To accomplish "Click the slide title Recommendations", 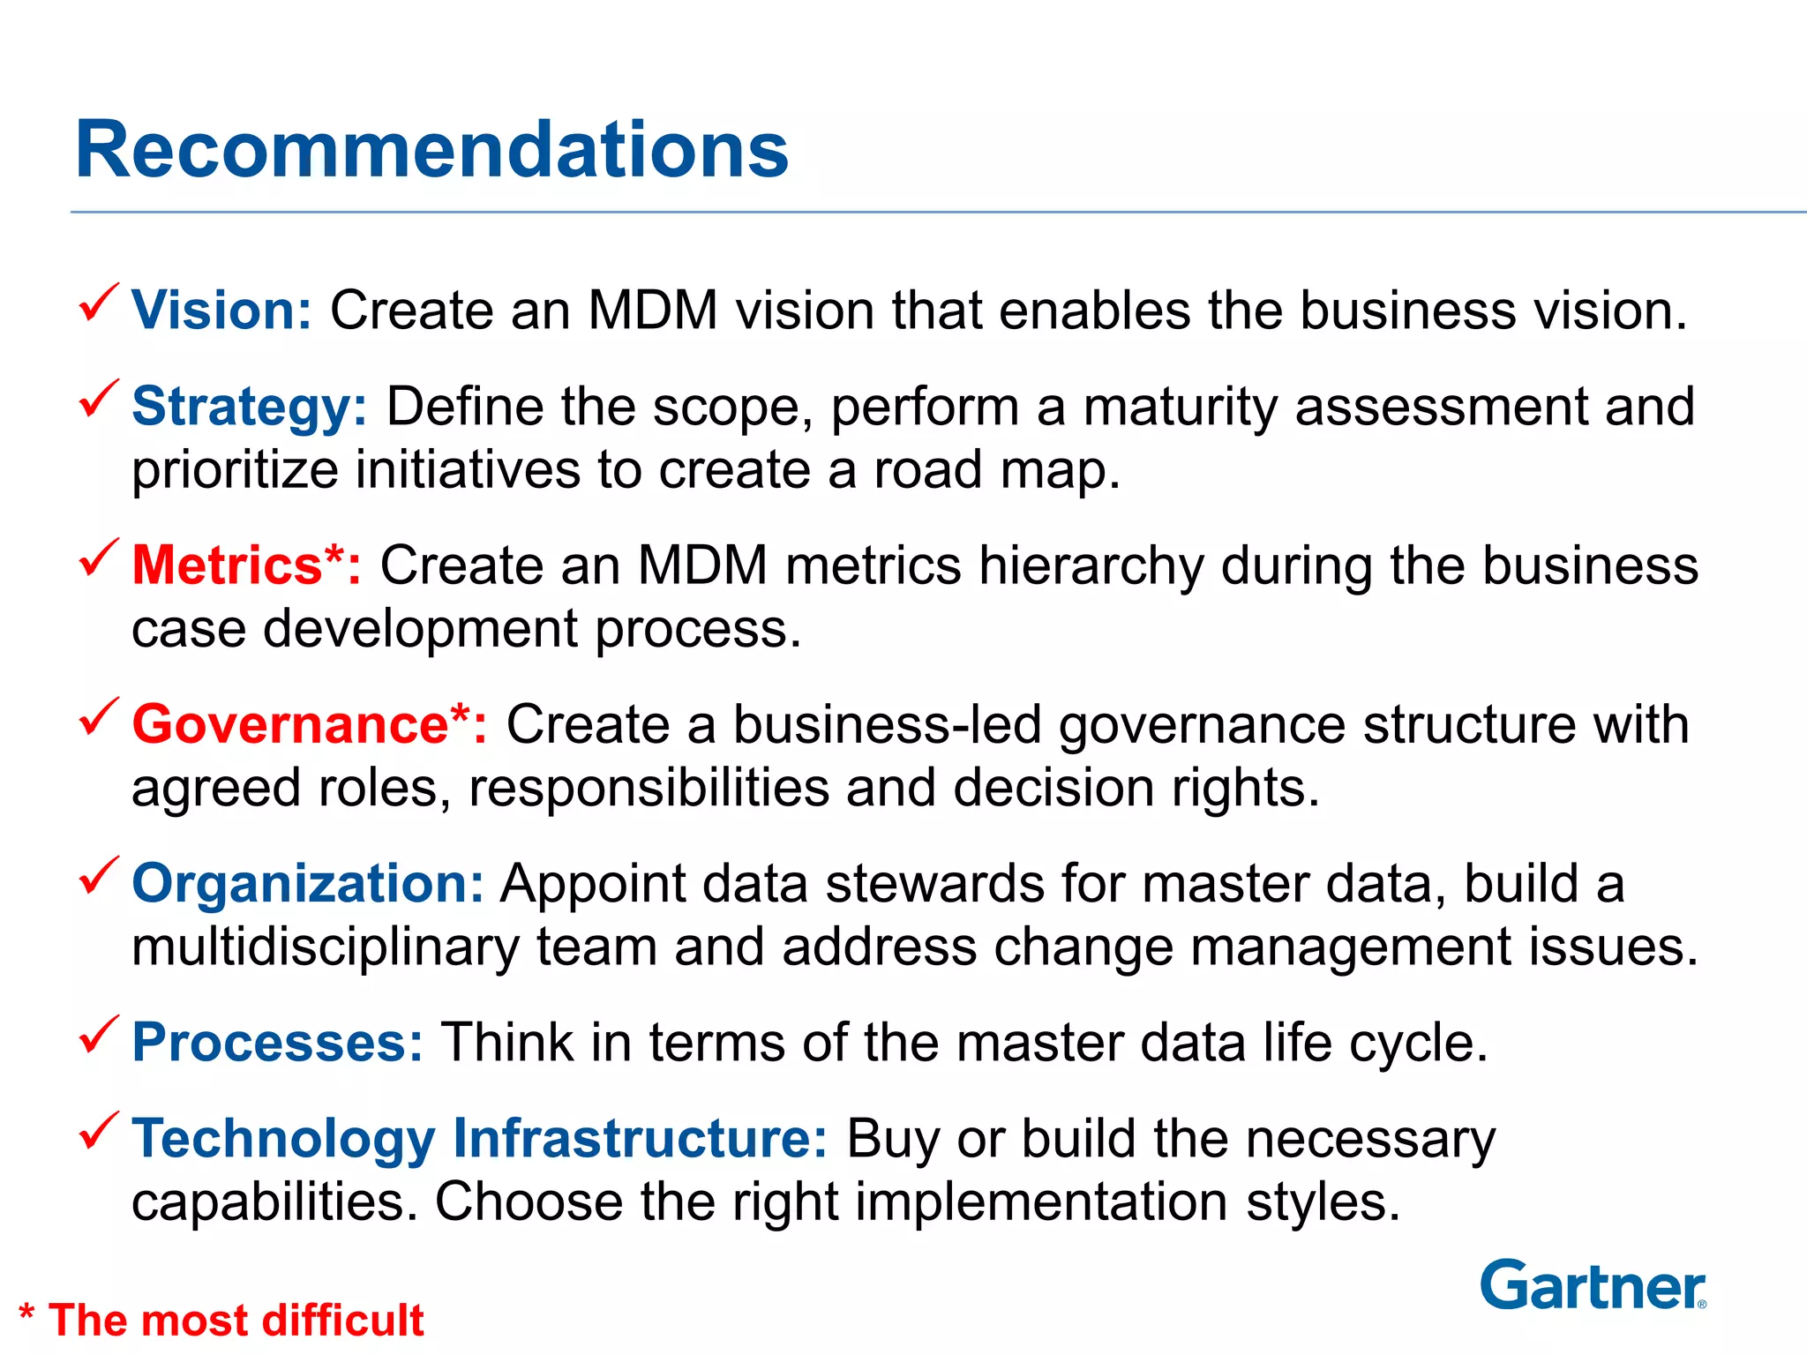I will (431, 150).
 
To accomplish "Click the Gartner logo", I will (1593, 1285).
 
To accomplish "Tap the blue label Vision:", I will (221, 311).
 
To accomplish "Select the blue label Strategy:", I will (249, 408).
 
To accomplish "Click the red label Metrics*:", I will (246, 565).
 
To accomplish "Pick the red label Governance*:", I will (309, 724).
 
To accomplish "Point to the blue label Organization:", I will (307, 883).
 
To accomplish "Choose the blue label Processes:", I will (277, 1042).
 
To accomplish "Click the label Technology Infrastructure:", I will (479, 1138).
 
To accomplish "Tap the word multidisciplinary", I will (326, 947).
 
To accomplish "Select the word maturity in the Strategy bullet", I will (1181, 408).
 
